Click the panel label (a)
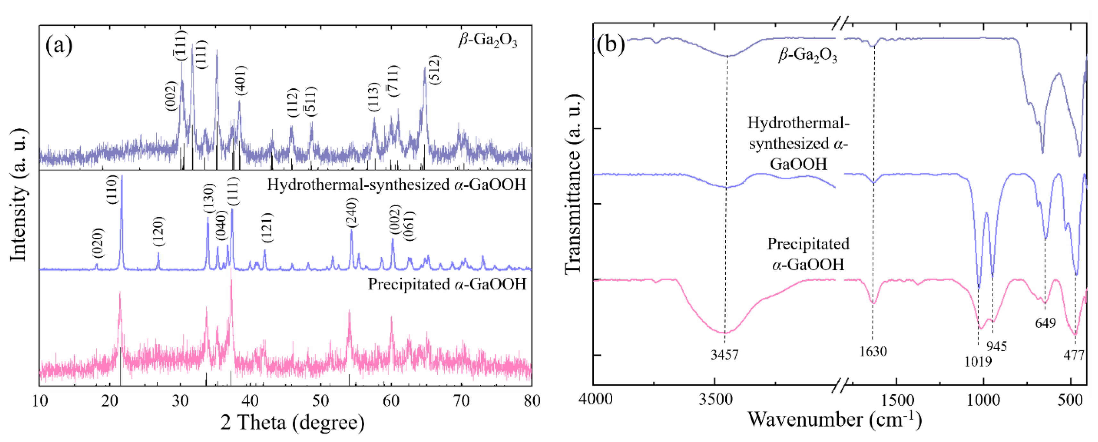tap(59, 45)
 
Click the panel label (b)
tap(611, 44)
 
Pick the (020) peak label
tap(98, 243)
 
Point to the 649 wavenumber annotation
tap(1045, 323)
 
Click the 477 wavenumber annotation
tap(1073, 354)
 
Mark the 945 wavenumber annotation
tap(996, 346)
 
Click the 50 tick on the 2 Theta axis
tap(320, 401)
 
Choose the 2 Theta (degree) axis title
tap(293, 423)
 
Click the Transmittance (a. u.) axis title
tap(573, 183)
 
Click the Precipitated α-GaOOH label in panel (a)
tap(447, 284)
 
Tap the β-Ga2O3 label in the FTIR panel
tap(807, 56)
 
